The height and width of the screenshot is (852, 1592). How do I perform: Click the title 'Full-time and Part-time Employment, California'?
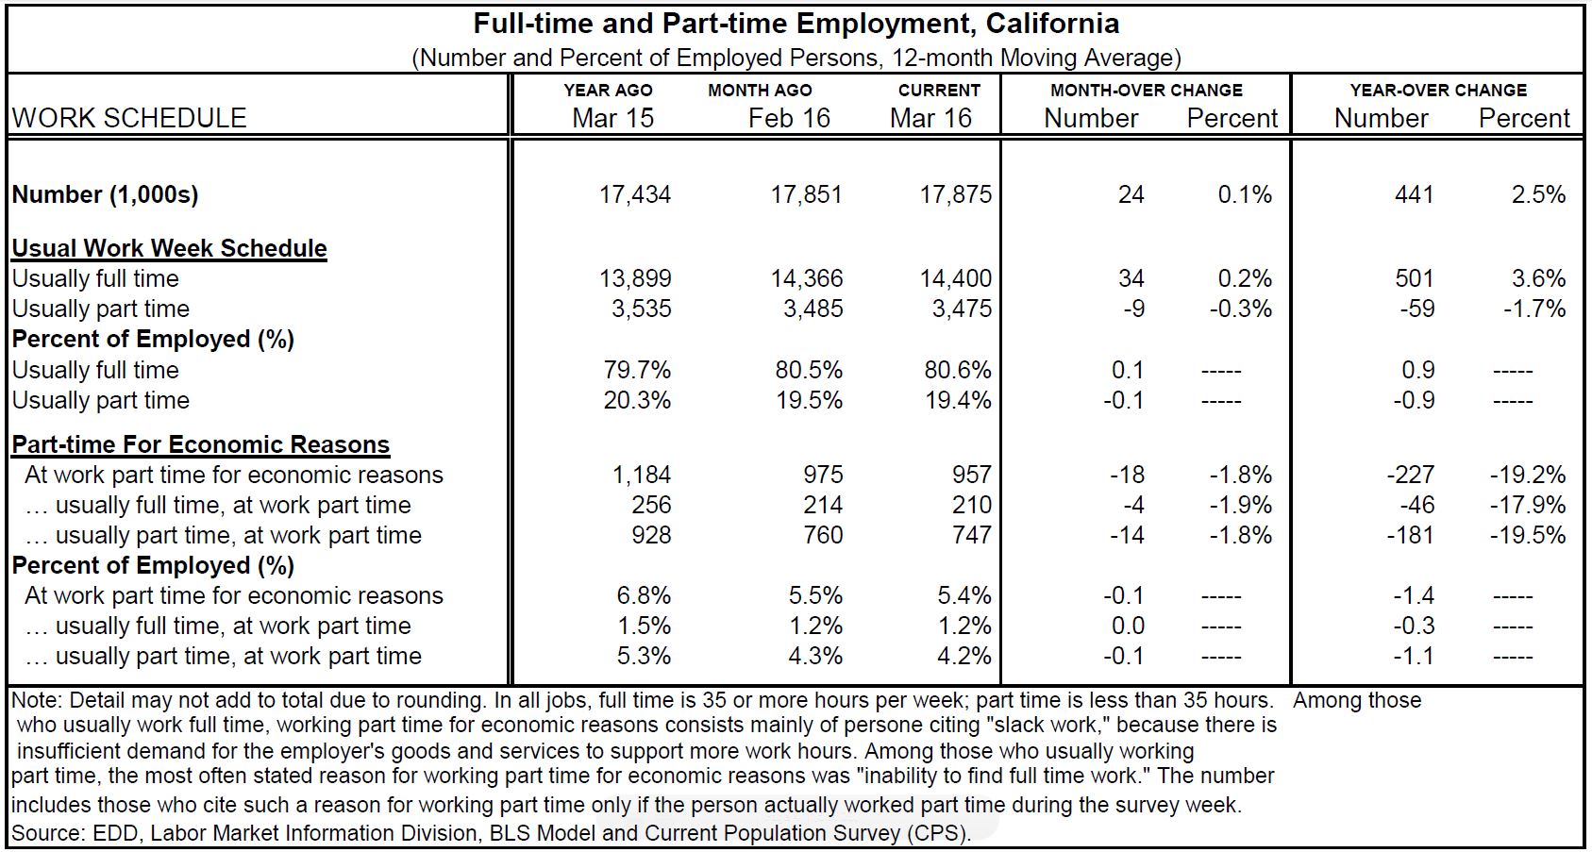(x=796, y=23)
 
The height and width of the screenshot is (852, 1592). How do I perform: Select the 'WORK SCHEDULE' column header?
(x=129, y=118)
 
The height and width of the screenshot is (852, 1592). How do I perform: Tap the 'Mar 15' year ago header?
(x=612, y=118)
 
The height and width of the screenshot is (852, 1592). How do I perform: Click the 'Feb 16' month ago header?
(x=789, y=118)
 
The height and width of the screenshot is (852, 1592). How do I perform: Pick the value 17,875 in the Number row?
(x=955, y=194)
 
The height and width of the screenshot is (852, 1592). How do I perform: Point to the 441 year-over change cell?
(x=1414, y=194)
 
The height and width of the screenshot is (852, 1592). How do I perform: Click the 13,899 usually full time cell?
(x=635, y=278)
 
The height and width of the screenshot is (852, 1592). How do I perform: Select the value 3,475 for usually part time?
(x=962, y=309)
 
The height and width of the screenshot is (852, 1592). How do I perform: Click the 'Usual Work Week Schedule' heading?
(x=170, y=248)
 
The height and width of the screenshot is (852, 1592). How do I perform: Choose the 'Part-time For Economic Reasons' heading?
(x=201, y=444)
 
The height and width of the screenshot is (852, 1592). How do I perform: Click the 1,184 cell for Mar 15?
(x=642, y=475)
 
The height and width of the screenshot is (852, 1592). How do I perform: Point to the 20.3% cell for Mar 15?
(x=637, y=400)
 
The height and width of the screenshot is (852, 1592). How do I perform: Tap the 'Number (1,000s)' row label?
(x=105, y=194)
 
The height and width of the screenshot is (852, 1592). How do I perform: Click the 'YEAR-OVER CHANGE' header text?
(x=1437, y=91)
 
